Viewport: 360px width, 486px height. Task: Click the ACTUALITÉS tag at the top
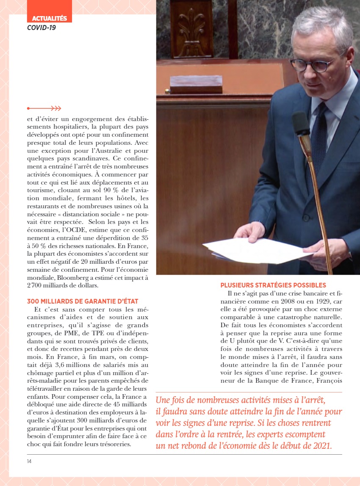tap(50, 18)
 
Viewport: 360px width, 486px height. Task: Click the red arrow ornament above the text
tap(44, 108)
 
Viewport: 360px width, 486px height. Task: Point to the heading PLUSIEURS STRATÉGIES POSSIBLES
tap(273, 285)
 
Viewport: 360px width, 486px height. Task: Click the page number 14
tap(29, 461)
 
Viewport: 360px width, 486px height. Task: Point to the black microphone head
tap(301, 123)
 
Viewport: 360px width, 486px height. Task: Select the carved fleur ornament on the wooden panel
tap(191, 27)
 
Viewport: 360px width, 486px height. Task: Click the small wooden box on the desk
tap(196, 84)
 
